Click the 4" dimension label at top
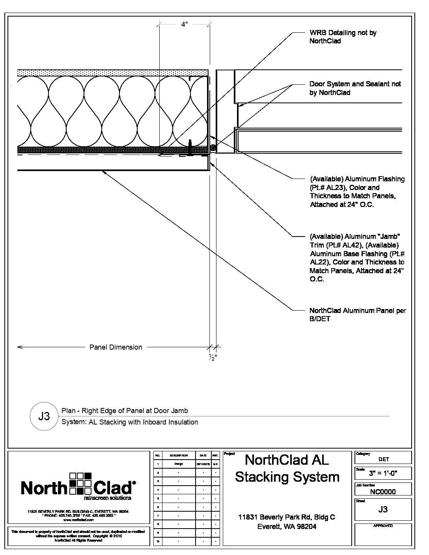(184, 24)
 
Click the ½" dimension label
(213, 358)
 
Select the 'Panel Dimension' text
(116, 347)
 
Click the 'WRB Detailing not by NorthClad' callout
(343, 37)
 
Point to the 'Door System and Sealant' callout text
(355, 88)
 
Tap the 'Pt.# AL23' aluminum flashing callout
(357, 192)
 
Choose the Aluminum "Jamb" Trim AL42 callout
(357, 258)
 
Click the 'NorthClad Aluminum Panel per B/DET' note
(357, 315)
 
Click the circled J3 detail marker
(44, 416)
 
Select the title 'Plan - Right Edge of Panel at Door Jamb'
(125, 411)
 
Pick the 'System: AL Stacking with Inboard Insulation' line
(130, 422)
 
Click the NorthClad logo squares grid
(80, 483)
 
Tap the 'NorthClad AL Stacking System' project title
(287, 468)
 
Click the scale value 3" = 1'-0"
(383, 473)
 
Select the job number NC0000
(383, 492)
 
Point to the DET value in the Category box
(383, 459)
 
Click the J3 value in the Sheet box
(383, 509)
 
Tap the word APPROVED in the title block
(383, 526)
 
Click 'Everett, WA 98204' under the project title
(287, 527)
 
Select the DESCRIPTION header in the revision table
(179, 456)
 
